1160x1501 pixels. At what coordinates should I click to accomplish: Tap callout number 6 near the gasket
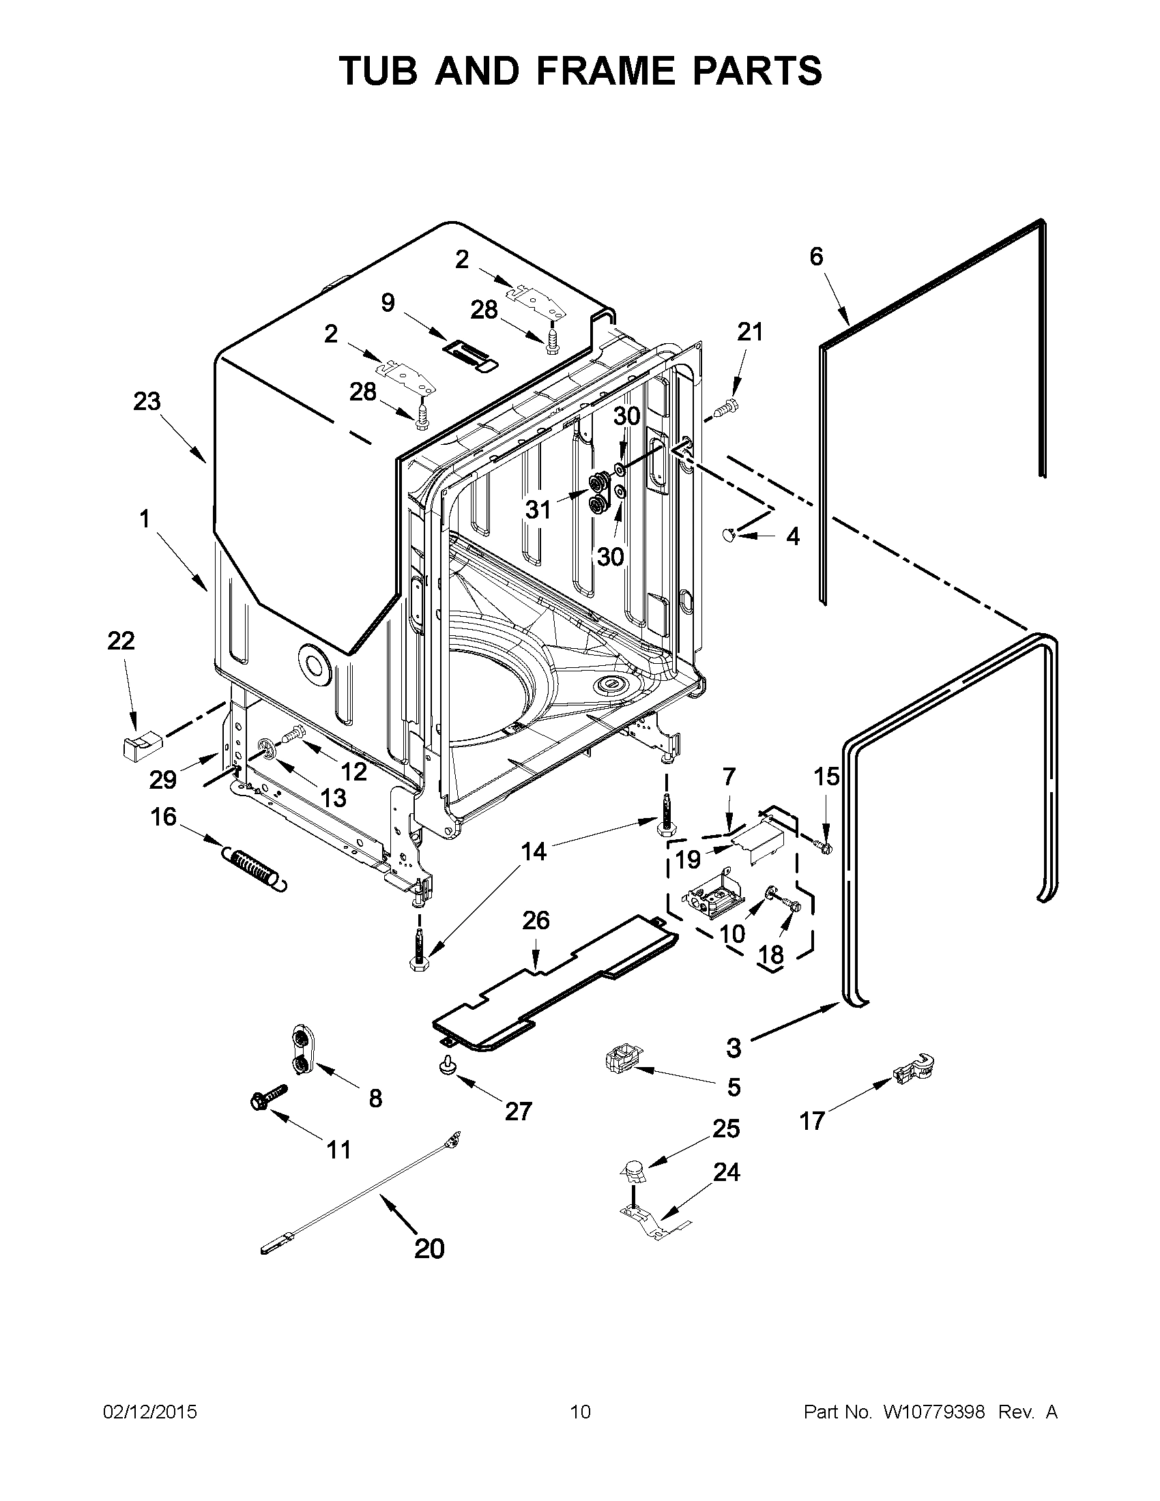(815, 257)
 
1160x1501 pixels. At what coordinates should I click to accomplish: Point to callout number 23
(147, 402)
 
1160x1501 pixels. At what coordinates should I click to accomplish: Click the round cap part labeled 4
(729, 534)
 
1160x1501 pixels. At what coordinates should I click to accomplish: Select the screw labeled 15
(824, 847)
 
